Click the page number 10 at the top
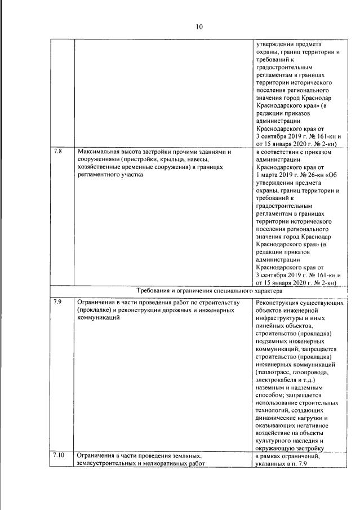click(199, 26)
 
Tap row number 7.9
click(59, 303)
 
